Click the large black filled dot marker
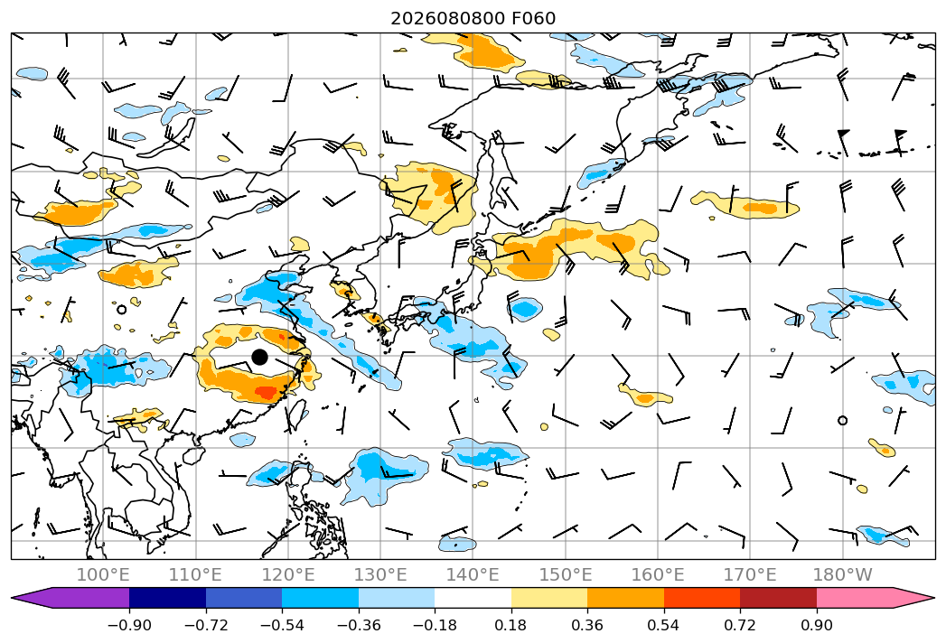[x=259, y=357]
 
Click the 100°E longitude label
[x=103, y=574]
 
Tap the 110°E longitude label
[x=195, y=574]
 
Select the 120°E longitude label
[x=288, y=574]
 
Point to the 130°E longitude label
[x=380, y=574]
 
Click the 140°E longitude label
[x=473, y=574]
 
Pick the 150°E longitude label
[x=566, y=574]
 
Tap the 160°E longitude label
[x=658, y=574]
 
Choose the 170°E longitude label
[x=750, y=574]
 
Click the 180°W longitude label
[x=843, y=574]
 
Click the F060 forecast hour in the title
[x=534, y=18]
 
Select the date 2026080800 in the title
[x=447, y=18]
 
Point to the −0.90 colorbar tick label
[x=129, y=625]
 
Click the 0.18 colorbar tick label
[x=511, y=625]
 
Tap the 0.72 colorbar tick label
[x=740, y=625]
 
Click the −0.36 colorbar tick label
[x=359, y=625]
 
